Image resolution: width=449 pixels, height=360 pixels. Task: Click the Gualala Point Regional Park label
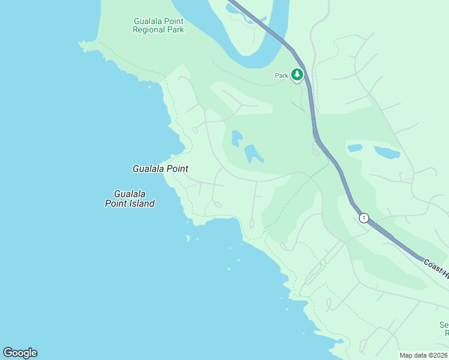[158, 25]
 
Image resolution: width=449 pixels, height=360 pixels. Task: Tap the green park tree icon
[297, 74]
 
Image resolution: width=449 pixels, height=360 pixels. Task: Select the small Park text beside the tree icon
[282, 76]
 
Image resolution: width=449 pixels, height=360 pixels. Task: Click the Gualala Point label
[160, 169]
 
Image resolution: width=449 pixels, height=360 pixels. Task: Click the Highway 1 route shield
[364, 218]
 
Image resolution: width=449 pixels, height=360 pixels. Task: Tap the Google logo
[20, 353]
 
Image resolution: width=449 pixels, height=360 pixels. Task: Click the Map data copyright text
[424, 355]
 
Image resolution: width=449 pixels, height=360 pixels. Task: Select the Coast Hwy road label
[436, 268]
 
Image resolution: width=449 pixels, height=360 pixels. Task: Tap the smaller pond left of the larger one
[237, 139]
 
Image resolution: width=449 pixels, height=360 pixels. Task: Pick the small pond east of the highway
[355, 148]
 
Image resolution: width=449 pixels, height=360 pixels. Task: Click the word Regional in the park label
[149, 29]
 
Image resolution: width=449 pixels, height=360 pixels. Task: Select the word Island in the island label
[143, 203]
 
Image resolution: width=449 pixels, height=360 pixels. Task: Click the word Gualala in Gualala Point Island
[130, 194]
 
